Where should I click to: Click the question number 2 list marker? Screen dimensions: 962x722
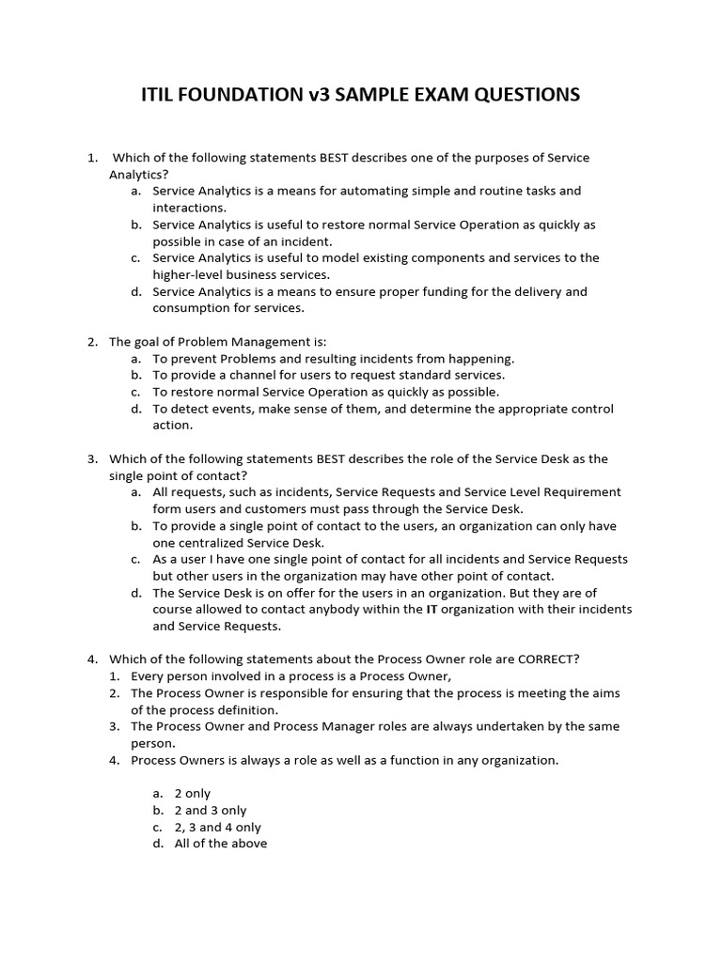[93, 342]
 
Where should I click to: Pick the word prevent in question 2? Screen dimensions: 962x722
[195, 359]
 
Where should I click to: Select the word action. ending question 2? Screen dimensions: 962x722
[173, 425]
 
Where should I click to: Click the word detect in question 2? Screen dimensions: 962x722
[189, 409]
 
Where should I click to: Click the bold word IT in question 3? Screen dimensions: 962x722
[434, 610]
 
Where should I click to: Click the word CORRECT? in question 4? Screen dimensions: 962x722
[549, 659]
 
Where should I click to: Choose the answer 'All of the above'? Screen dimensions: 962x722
[221, 844]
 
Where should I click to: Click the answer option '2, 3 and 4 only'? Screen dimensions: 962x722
[218, 828]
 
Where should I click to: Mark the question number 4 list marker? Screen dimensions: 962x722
[93, 659]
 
